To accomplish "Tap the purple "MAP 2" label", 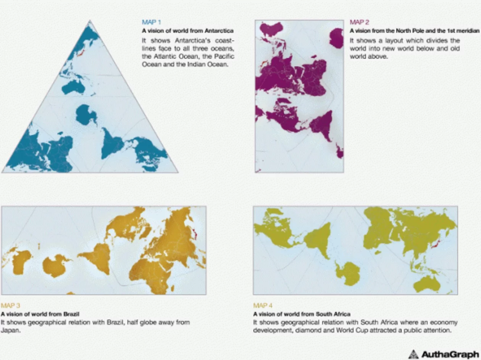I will click(359, 22).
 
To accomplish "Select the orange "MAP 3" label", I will click(10, 305).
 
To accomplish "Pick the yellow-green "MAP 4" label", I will click(263, 305).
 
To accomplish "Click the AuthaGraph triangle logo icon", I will click(413, 354).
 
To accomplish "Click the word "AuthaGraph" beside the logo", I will click(449, 354).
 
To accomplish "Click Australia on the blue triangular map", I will click(73, 87).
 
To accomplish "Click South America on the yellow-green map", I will click(318, 238).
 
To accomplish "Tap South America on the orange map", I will click(98, 258).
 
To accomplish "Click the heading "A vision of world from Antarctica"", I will click(187, 31).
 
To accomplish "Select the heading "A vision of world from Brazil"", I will click(40, 314).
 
